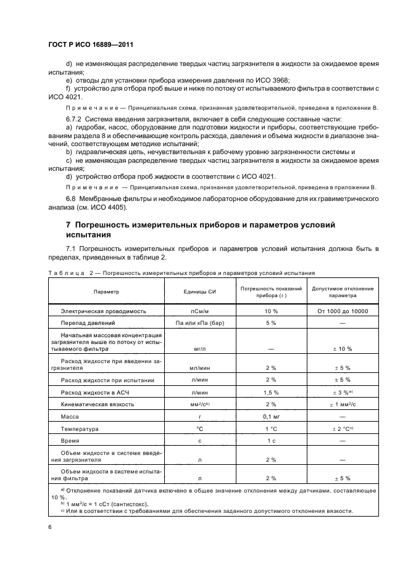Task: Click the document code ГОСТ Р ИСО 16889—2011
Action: click(x=90, y=45)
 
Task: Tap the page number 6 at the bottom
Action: click(x=50, y=527)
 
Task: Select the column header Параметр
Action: click(x=106, y=292)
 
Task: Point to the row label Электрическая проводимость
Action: click(x=102, y=311)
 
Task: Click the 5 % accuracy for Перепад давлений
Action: click(x=271, y=322)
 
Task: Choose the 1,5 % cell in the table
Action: click(x=271, y=392)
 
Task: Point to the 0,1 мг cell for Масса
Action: click(x=271, y=416)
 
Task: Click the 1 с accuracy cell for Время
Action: click(x=271, y=440)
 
